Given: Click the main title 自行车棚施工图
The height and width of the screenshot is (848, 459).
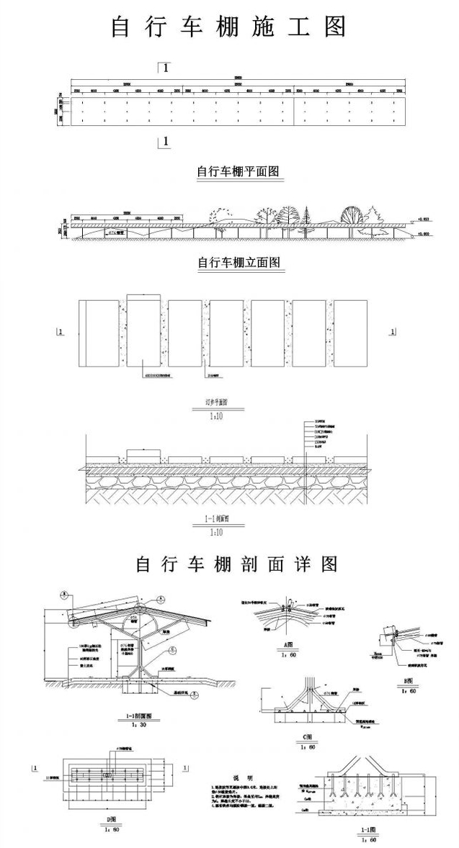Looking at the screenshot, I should pos(229,27).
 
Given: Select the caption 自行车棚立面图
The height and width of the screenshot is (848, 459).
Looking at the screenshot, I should pos(238,262).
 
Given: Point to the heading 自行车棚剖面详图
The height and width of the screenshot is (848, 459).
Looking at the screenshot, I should pos(236,563).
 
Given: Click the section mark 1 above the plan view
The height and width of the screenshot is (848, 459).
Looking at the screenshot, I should pos(165,68).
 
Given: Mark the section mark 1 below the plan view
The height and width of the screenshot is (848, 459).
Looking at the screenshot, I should pos(165,142).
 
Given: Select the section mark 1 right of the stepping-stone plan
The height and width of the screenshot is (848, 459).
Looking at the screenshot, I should pos(391,332).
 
